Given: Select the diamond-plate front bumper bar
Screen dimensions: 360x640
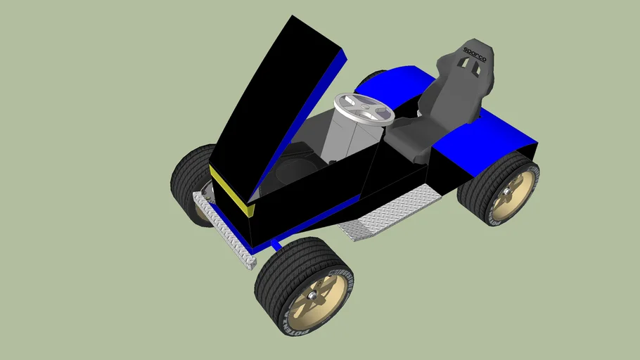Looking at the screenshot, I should (222, 229).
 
